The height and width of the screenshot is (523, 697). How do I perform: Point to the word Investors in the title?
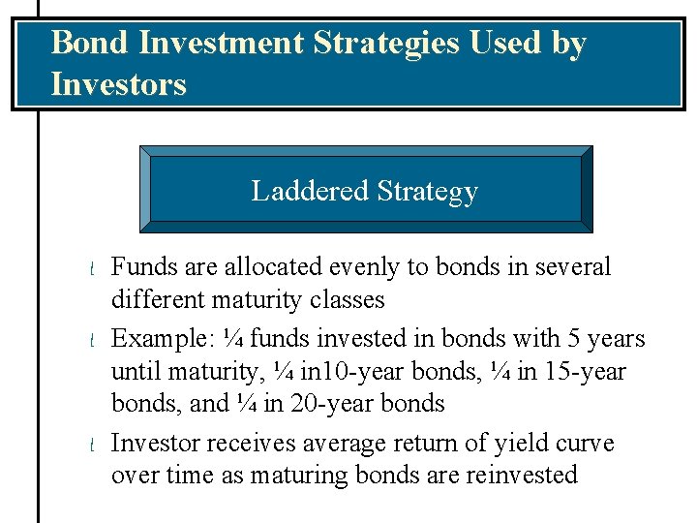point(118,84)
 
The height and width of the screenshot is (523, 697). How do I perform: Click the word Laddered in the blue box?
point(309,191)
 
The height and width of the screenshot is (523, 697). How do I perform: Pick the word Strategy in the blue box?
point(427,192)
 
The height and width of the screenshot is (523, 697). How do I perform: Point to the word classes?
point(347,300)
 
